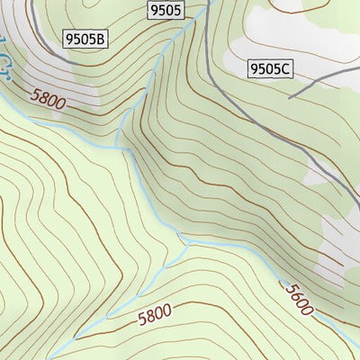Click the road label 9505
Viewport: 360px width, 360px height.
pos(165,11)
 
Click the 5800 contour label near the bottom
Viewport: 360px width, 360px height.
pos(156,315)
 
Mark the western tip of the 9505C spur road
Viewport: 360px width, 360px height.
pos(290,95)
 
